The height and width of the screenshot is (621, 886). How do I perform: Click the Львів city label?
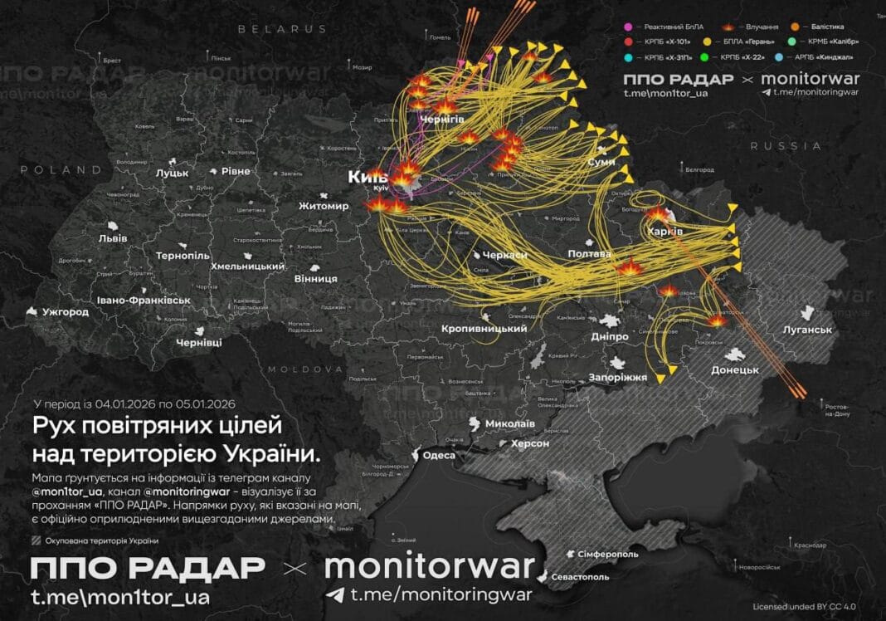pyautogui.click(x=113, y=238)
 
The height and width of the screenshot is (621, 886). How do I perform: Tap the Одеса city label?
pyautogui.click(x=439, y=455)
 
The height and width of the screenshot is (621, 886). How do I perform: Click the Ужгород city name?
pyautogui.click(x=65, y=312)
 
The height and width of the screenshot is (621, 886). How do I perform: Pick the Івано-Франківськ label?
pyautogui.click(x=143, y=300)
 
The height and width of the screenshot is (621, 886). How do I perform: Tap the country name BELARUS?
pyautogui.click(x=283, y=29)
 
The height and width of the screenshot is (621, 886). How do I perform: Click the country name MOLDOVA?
pyautogui.click(x=305, y=369)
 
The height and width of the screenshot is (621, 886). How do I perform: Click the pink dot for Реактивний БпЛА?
pyautogui.click(x=628, y=27)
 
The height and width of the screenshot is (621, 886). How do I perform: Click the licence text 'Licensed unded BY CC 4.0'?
pyautogui.click(x=802, y=606)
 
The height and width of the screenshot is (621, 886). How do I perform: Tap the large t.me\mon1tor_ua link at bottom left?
pyautogui.click(x=119, y=596)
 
